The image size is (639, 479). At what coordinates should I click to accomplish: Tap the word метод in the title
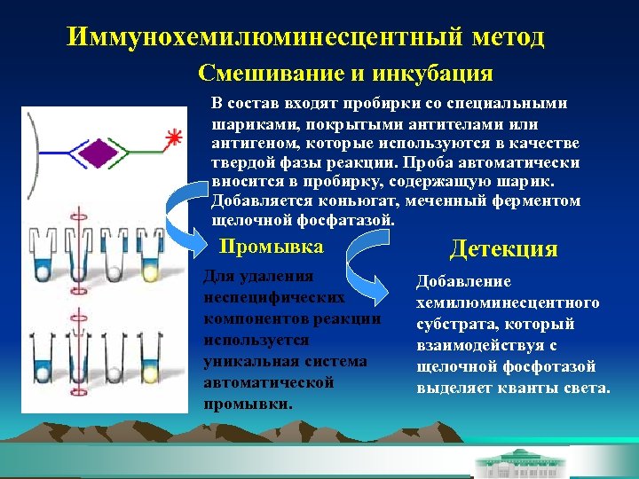tap(501, 37)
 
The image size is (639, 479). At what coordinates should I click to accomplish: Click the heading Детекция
tap(504, 249)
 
